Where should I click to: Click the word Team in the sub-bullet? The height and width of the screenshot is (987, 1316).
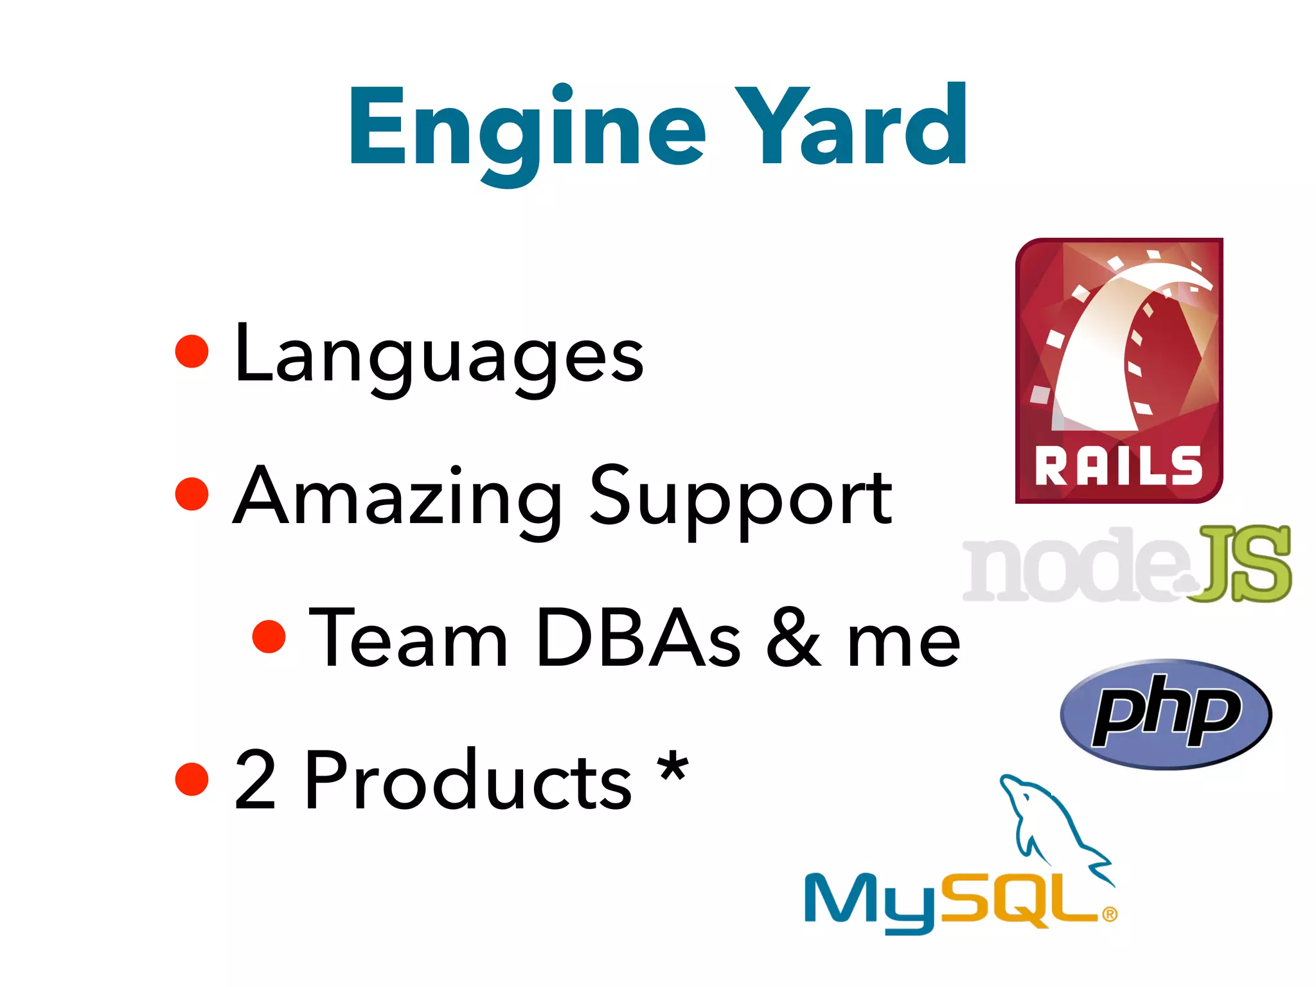pyautogui.click(x=409, y=639)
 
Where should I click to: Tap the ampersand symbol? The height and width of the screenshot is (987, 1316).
pyautogui.click(x=793, y=639)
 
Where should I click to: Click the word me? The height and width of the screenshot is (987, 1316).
pyautogui.click(x=903, y=643)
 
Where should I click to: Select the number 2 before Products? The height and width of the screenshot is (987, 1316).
pyautogui.click(x=255, y=781)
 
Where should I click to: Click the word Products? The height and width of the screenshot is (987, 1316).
pyautogui.click(x=468, y=781)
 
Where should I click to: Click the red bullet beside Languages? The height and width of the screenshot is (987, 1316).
pyautogui.click(x=192, y=351)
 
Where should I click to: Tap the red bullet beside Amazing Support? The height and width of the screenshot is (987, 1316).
pyautogui.click(x=192, y=493)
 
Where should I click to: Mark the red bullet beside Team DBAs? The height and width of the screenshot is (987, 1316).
pyautogui.click(x=269, y=636)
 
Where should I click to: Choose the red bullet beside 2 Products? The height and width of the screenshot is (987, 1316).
pyautogui.click(x=192, y=779)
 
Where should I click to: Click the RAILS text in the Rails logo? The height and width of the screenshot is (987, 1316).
pyautogui.click(x=1118, y=465)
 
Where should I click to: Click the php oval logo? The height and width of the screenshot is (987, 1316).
pyautogui.click(x=1166, y=714)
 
